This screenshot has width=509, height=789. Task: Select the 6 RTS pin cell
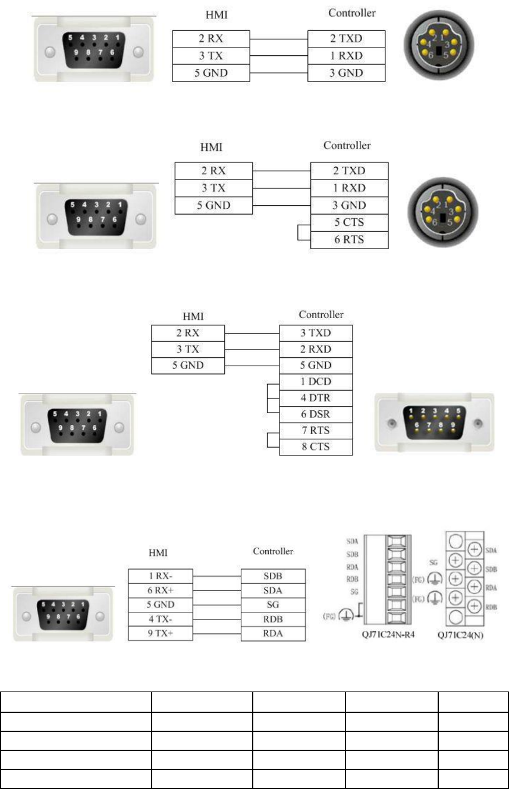(349, 240)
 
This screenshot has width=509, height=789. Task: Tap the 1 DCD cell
(315, 382)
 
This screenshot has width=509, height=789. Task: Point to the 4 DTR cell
(315, 398)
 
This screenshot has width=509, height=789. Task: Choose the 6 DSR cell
(315, 414)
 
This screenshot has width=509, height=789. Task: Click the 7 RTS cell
(315, 430)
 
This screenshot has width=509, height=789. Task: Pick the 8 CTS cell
(315, 447)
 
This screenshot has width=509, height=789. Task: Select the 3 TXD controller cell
(315, 333)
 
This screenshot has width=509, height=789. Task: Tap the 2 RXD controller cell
(315, 349)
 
